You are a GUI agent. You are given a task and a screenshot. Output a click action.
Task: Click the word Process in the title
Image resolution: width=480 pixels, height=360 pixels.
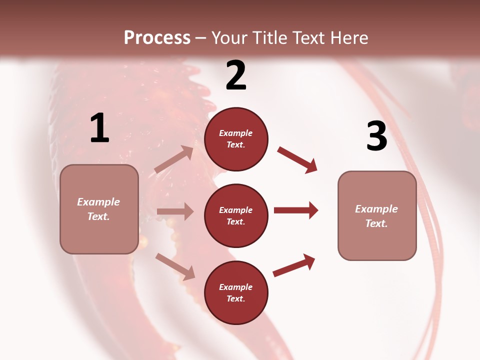tap(157, 37)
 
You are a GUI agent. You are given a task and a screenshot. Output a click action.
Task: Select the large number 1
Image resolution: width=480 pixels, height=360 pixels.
tap(99, 128)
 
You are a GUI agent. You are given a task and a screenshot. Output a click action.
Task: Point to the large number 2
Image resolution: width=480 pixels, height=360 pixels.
tap(236, 75)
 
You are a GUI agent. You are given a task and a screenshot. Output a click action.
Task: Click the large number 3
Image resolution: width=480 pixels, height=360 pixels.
tap(376, 136)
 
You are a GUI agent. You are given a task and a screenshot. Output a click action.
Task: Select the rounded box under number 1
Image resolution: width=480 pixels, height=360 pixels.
tap(99, 209)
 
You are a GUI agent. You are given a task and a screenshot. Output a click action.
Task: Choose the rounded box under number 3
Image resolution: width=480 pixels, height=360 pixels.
tap(377, 215)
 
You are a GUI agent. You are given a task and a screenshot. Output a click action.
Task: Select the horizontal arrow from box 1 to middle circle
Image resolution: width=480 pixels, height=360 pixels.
tap(175, 211)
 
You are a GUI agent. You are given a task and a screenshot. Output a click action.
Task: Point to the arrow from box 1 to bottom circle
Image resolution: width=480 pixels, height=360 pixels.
tap(175, 266)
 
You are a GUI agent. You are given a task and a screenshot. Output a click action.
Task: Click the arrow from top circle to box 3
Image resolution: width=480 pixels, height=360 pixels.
tap(297, 159)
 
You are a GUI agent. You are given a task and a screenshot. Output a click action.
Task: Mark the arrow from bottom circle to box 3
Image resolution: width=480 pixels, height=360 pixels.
tap(294, 265)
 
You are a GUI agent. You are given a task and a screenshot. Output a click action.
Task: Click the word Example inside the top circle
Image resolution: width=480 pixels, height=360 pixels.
tap(236, 133)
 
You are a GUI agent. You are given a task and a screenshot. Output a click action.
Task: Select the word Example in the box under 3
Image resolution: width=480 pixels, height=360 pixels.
tap(376, 209)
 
